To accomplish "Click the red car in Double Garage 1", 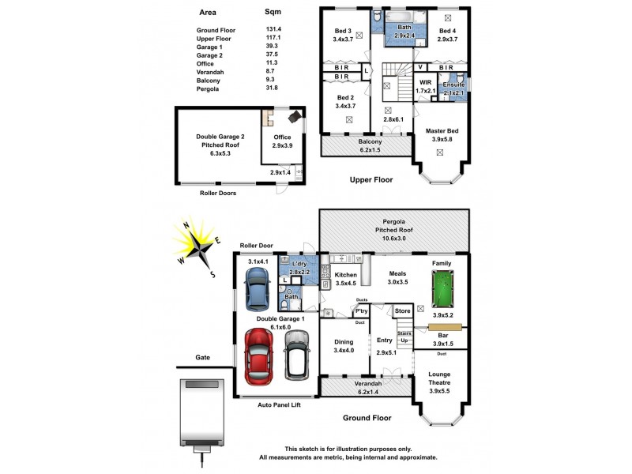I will (x=259, y=354).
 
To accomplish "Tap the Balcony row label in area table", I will (x=209, y=80).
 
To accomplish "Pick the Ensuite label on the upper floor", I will (x=453, y=85).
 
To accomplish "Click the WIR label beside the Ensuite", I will (x=425, y=82).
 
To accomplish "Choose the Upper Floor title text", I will (x=371, y=180).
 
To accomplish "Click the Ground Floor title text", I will (x=367, y=417).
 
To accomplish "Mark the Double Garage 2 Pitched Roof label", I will (x=220, y=145).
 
